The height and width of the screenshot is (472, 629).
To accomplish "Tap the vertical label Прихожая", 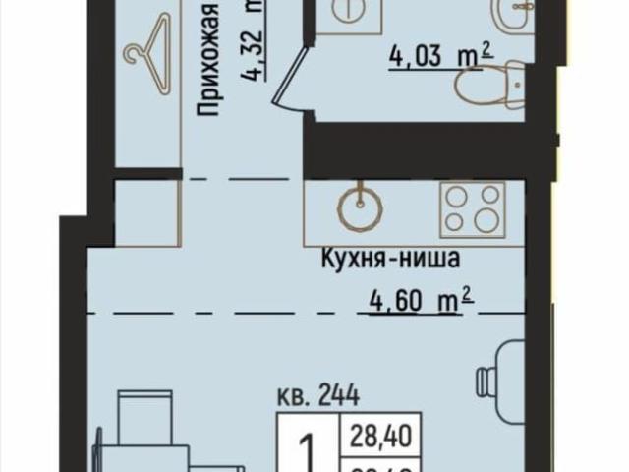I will click(x=207, y=59).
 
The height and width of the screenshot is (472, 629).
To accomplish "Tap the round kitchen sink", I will click(x=359, y=206).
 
